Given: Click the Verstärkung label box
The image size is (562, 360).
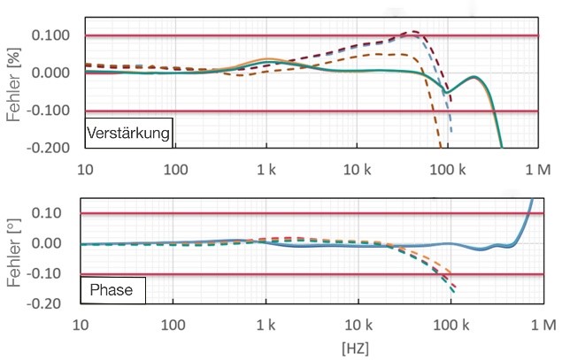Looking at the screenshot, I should [x=129, y=133].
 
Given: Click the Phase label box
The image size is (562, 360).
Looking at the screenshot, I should [x=109, y=288].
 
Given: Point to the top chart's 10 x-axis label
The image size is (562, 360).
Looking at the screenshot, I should [x=85, y=168].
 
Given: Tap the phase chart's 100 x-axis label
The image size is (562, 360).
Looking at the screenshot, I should [x=174, y=323].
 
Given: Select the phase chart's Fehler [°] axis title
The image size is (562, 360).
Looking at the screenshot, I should [x=15, y=252].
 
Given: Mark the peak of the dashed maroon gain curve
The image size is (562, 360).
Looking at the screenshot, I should [x=412, y=32].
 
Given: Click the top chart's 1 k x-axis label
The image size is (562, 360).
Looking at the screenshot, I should [x=266, y=168].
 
